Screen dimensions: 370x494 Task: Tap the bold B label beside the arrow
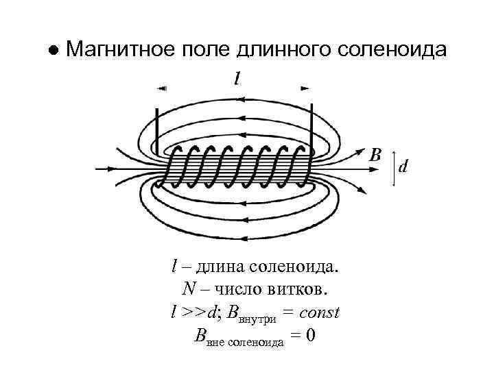click(375, 154)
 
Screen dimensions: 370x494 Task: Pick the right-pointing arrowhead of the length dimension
click(305, 88)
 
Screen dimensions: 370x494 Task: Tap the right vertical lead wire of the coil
click(312, 127)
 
